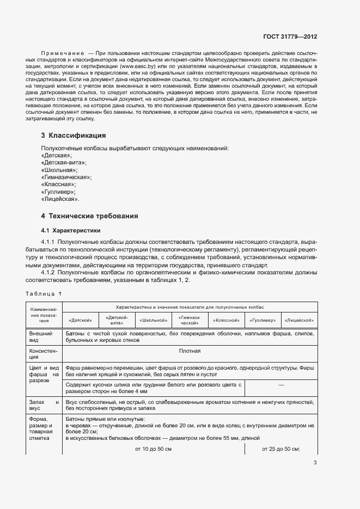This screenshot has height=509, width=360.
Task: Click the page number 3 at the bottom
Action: click(315, 463)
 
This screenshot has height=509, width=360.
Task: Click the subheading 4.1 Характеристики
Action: click(71, 230)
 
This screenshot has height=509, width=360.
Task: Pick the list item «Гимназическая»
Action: click(66, 177)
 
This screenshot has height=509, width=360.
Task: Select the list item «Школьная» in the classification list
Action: click(59, 170)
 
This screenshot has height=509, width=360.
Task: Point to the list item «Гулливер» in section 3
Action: click(58, 192)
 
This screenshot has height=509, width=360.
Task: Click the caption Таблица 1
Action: click(44, 294)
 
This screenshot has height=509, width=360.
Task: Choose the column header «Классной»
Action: click(225, 320)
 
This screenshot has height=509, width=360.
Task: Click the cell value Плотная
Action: click(190, 351)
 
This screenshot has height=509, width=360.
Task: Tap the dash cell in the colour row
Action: click(281, 385)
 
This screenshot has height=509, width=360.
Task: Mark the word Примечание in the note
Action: click(63, 53)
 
